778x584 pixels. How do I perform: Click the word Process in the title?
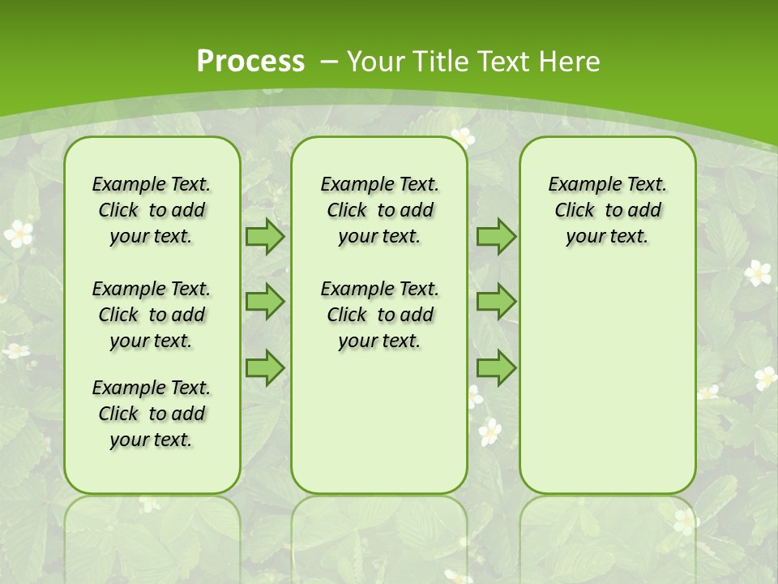pos(250,62)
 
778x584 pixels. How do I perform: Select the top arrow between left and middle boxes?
pos(265,236)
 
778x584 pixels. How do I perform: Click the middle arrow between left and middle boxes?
pos(265,302)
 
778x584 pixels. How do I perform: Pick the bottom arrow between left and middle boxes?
pos(265,368)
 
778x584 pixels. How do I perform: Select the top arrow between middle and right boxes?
pos(496,236)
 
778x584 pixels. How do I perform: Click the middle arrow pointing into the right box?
pos(496,302)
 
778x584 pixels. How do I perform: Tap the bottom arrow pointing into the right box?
pos(496,368)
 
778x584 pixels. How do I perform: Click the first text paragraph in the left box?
pos(152,210)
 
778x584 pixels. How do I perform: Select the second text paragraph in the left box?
pos(152,315)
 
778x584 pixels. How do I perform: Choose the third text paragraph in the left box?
pos(152,414)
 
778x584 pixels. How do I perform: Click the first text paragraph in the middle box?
pos(379,210)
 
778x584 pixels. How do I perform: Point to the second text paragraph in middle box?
pos(379,315)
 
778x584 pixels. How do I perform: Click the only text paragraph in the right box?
pos(607,210)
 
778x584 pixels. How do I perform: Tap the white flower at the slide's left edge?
pos(18,234)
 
